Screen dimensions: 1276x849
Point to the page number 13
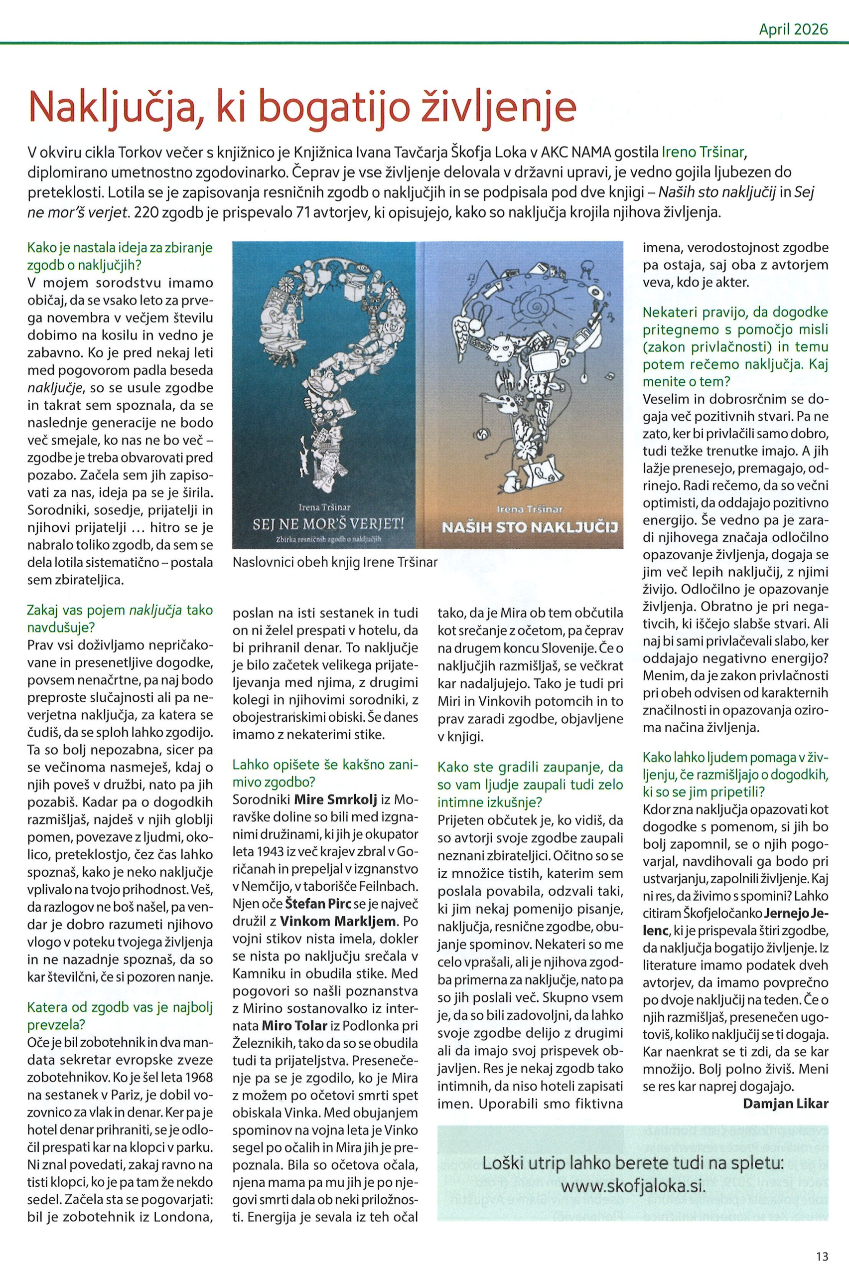823,1241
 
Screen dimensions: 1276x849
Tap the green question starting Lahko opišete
325,774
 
